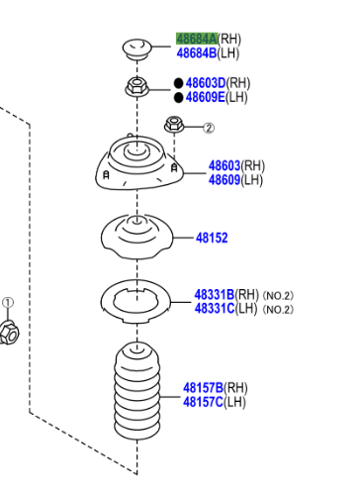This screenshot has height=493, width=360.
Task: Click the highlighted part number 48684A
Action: tap(196, 39)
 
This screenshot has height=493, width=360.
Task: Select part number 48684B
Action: tap(196, 52)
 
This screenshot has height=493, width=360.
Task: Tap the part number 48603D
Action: tap(207, 84)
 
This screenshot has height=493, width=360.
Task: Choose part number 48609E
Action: tap(207, 97)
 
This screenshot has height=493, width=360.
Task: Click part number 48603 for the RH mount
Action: tap(224, 166)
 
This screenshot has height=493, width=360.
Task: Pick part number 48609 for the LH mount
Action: tap(224, 180)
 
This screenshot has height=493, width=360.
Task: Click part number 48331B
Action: tap(214, 295)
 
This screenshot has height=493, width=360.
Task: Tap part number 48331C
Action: tap(214, 309)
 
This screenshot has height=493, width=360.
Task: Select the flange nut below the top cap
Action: tap(137, 86)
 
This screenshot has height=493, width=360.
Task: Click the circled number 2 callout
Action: tap(209, 128)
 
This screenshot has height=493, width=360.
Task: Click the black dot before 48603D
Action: tap(179, 84)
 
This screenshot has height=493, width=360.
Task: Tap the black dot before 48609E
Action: tap(179, 97)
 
